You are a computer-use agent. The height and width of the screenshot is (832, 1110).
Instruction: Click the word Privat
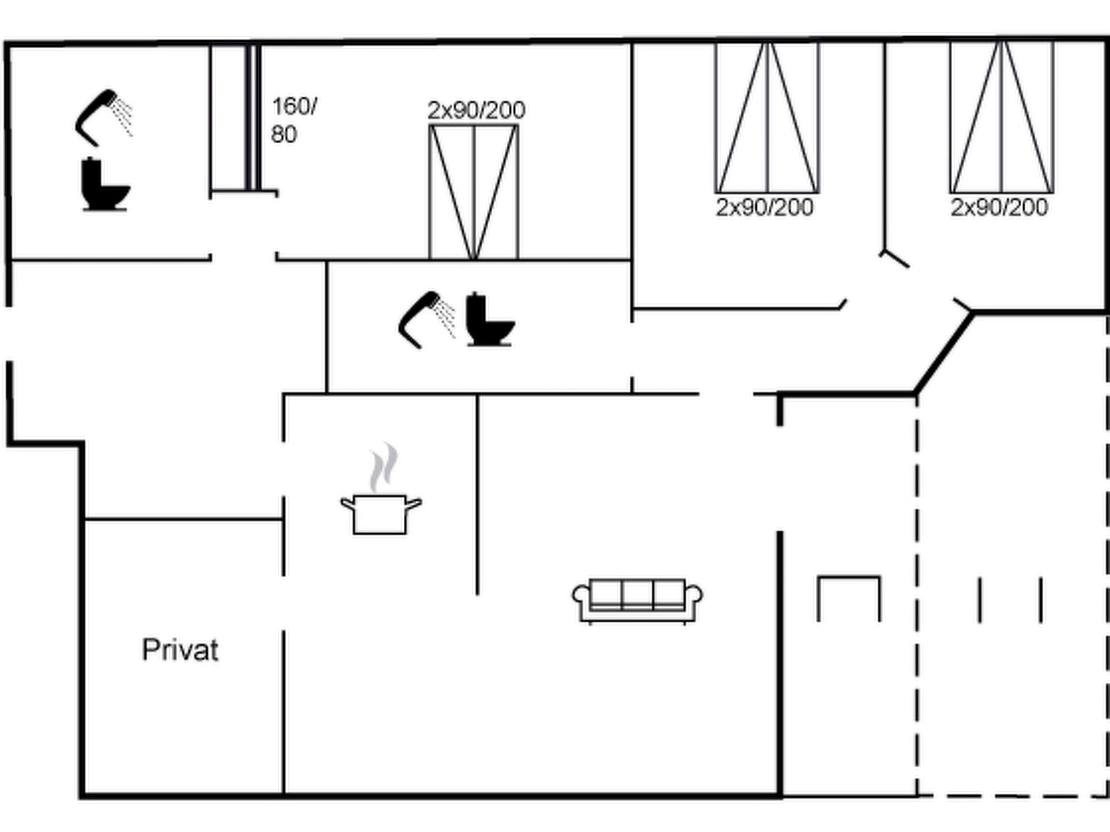tap(180, 650)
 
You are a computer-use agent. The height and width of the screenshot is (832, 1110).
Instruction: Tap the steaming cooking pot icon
tap(380, 513)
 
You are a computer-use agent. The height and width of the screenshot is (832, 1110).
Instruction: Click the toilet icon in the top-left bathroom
tap(105, 184)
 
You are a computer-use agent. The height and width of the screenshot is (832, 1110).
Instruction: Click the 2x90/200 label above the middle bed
tap(476, 110)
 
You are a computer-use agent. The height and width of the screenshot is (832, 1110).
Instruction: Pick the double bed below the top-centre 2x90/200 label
tap(474, 192)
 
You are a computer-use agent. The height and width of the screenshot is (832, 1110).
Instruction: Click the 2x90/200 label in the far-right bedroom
tap(999, 207)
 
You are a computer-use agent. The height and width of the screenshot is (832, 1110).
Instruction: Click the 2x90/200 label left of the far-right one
tap(764, 207)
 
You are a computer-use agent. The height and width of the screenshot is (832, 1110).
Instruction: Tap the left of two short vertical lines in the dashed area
tap(979, 600)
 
